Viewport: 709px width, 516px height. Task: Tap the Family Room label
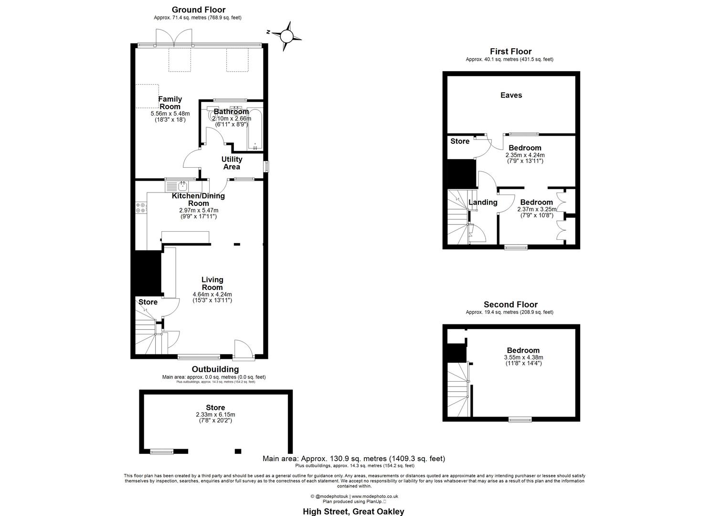click(x=170, y=103)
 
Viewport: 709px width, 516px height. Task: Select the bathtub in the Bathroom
click(x=254, y=129)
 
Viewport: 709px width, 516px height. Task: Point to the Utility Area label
click(x=232, y=163)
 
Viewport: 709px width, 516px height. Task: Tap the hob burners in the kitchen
click(x=141, y=208)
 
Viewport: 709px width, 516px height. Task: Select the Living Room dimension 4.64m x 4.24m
click(x=212, y=294)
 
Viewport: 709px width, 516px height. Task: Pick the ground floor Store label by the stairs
click(x=148, y=302)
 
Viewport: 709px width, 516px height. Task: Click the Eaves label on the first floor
click(x=511, y=95)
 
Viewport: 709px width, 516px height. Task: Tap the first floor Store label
click(x=460, y=141)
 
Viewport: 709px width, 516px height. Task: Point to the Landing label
click(x=483, y=202)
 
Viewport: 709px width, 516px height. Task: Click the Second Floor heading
click(x=510, y=304)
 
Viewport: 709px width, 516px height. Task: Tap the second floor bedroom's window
click(x=520, y=419)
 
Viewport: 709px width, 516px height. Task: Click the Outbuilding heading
click(x=215, y=369)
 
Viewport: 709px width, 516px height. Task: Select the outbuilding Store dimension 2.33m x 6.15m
click(x=215, y=415)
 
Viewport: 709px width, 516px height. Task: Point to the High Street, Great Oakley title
click(x=353, y=511)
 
